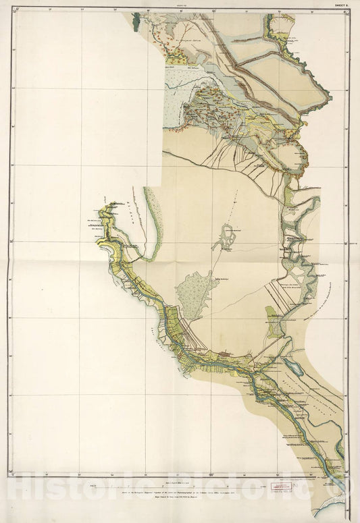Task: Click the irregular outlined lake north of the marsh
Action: click(x=226, y=238)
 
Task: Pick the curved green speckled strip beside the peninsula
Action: click(x=154, y=226)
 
